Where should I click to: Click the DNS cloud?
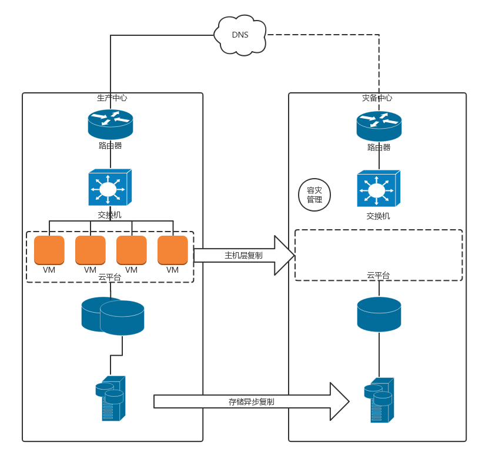240,35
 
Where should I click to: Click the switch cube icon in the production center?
109,188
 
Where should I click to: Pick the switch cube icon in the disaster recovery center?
378,189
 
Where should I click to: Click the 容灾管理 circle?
314,195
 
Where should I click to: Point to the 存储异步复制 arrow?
252,401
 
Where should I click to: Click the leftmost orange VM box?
49,250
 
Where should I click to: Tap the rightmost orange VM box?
173,250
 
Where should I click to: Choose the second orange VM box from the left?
91,250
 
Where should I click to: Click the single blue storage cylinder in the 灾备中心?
379,314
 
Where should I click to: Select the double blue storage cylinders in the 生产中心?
113,316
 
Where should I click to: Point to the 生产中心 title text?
112,98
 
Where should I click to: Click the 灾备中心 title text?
377,98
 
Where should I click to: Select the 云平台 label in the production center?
109,277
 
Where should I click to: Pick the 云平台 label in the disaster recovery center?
378,275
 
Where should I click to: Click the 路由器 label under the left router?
110,145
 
